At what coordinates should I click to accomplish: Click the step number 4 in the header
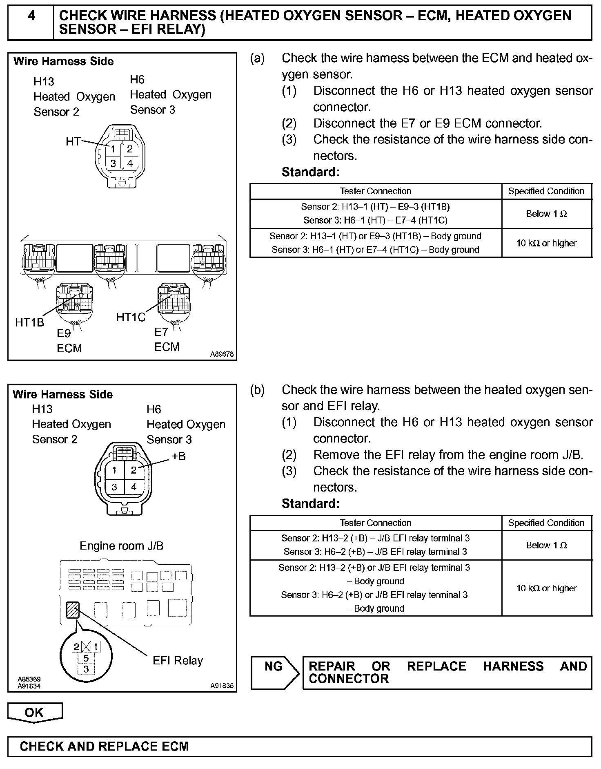31,16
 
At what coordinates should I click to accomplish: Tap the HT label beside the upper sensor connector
73,141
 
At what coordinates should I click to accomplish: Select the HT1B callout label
29,322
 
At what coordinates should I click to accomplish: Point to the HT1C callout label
131,317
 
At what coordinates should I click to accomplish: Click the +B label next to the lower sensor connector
178,456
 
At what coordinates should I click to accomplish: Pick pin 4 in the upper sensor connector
130,164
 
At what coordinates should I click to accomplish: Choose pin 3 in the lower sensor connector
114,487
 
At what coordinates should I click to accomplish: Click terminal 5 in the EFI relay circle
86,658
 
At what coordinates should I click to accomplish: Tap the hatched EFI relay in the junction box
73,610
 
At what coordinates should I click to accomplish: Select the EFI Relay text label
178,661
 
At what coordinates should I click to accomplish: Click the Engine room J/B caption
121,546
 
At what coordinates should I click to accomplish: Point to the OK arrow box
35,713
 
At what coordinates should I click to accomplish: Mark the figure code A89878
222,354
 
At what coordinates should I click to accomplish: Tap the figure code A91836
222,686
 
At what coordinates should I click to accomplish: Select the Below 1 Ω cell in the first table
546,214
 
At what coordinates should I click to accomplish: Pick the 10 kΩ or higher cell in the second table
546,588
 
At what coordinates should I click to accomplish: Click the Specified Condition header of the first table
546,191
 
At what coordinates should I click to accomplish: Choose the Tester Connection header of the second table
375,523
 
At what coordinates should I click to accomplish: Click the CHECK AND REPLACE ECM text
104,747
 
